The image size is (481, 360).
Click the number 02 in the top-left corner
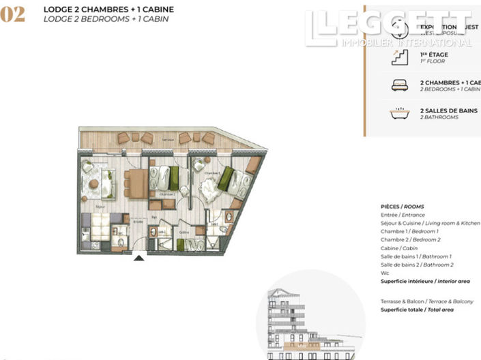[14, 15]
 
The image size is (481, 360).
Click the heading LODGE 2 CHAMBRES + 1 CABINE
[108, 10]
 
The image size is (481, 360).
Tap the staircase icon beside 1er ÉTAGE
[399, 58]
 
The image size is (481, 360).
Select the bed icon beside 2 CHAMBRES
[399, 85]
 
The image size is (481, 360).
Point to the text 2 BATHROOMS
[439, 117]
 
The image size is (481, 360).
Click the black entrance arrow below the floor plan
[139, 258]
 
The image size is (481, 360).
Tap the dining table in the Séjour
[136, 183]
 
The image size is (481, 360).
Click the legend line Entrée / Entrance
[403, 215]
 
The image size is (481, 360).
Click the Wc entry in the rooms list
[385, 273]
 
